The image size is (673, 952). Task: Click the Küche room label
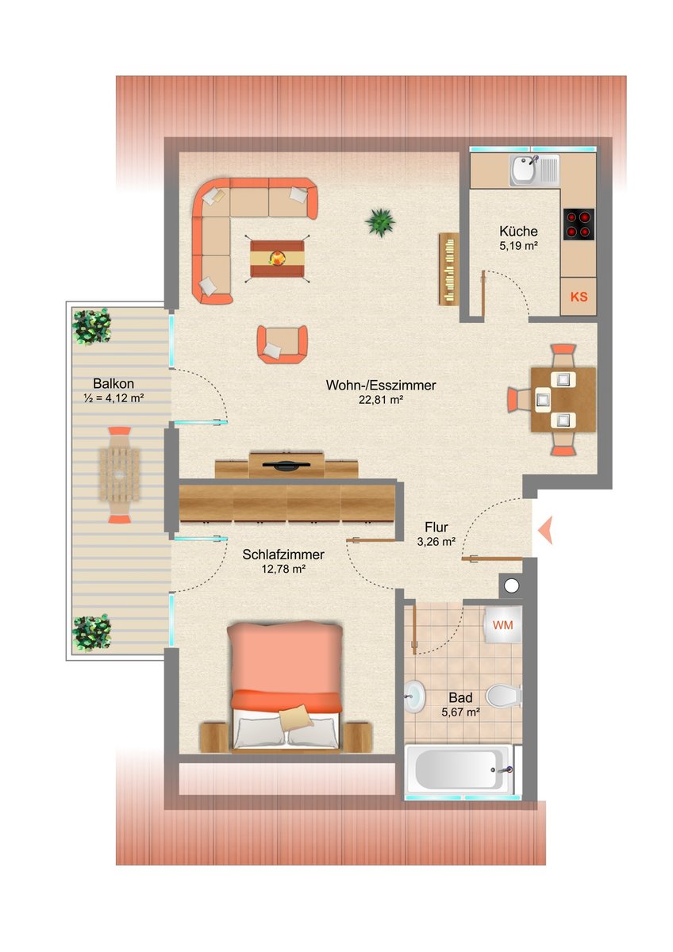[x=518, y=231]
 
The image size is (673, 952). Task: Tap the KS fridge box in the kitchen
[x=579, y=296]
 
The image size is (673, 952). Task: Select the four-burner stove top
[x=579, y=225]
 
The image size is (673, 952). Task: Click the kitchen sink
[x=534, y=171]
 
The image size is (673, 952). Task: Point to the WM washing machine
[x=503, y=625]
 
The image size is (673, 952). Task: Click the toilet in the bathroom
[x=503, y=695]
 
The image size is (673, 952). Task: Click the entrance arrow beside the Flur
[x=545, y=530]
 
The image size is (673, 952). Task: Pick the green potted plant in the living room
[x=380, y=221]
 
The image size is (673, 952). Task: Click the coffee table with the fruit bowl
[x=277, y=259]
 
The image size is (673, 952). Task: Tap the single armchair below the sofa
[x=282, y=344]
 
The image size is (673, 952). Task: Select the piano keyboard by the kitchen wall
[x=448, y=269]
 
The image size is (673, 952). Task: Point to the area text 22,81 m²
[x=380, y=400]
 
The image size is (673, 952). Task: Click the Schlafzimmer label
[x=283, y=555]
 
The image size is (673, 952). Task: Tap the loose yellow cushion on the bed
[x=296, y=717]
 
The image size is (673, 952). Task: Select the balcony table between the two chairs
[x=120, y=474]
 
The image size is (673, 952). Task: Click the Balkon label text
[x=113, y=383]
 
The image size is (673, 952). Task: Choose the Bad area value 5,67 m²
[x=461, y=712]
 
